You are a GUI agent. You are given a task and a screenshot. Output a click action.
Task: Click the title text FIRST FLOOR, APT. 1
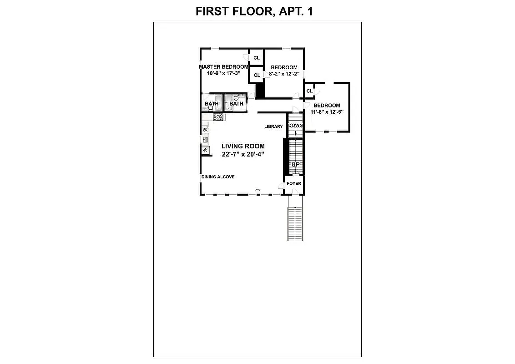254,11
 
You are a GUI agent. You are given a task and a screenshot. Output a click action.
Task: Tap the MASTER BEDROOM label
223,67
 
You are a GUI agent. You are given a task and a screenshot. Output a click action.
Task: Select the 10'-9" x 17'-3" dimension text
223,73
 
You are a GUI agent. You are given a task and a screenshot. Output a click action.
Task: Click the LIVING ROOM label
243,146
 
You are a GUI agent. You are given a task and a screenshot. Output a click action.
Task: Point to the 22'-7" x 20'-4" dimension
243,154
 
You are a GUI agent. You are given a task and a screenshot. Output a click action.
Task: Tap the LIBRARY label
273,126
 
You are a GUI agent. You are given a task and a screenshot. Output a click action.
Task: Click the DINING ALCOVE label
218,177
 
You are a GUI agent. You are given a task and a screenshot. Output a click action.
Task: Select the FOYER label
294,184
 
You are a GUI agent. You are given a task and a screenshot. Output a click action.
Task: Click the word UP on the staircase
295,164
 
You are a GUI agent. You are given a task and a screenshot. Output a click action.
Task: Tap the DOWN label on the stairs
295,126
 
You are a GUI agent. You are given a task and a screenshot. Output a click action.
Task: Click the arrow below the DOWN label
295,133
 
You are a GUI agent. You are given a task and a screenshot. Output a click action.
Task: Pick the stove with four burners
219,117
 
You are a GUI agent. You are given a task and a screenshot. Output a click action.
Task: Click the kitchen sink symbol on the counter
205,140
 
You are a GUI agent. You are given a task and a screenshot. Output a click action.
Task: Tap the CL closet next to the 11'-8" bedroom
309,91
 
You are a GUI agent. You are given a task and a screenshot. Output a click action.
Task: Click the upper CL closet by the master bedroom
257,58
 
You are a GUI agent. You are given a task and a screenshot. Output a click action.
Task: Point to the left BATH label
211,104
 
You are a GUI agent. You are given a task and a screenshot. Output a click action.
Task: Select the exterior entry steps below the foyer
295,223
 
